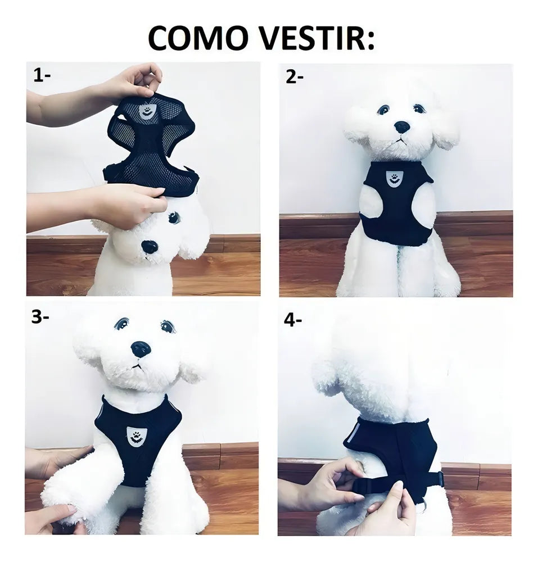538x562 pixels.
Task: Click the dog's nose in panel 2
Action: point(401,126)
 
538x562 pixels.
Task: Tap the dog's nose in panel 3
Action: point(141,348)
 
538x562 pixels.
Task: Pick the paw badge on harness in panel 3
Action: point(135,437)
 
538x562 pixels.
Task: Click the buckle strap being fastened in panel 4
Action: point(399,483)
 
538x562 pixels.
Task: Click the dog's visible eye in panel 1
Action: point(174,217)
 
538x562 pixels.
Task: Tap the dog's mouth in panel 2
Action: point(401,140)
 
